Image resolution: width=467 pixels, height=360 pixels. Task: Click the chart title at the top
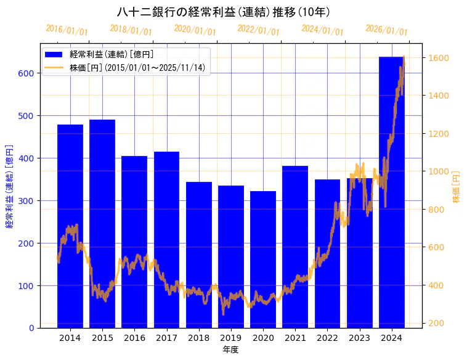(x=224, y=12)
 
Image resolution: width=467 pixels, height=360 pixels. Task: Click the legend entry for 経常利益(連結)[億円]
(x=112, y=54)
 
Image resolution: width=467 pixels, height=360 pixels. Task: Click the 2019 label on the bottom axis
(x=231, y=338)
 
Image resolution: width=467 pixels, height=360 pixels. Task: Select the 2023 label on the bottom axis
(x=360, y=338)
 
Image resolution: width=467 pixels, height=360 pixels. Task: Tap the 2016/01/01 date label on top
(x=67, y=30)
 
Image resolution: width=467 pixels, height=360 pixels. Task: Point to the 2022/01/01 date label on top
(x=258, y=30)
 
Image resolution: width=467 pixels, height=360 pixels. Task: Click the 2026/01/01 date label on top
(x=386, y=30)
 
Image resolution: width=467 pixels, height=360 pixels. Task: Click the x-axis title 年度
(x=231, y=350)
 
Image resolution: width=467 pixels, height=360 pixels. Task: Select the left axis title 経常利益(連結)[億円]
(x=9, y=186)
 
